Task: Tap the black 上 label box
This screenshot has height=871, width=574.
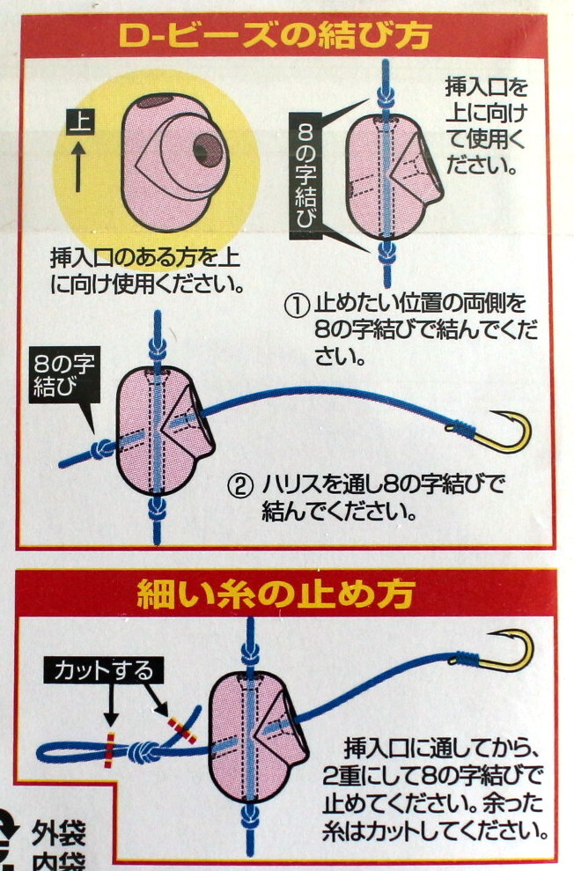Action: pos(79,123)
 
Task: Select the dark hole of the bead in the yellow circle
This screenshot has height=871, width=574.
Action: pos(203,151)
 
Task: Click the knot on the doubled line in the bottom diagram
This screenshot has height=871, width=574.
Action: pos(143,752)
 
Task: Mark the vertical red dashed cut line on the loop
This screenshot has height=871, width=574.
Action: pos(110,749)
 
